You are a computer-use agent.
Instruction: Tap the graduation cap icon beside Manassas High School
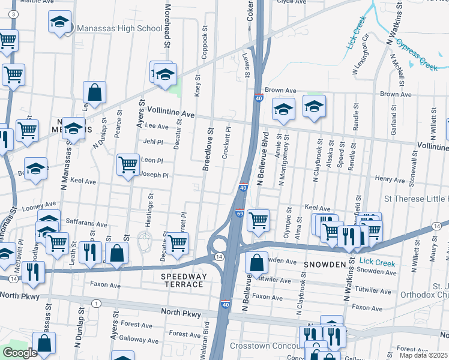[x=59, y=23]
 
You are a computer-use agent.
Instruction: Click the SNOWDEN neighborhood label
[x=327, y=265]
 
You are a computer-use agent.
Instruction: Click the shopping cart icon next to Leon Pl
[x=128, y=164]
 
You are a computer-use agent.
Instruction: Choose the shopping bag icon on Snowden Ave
[x=257, y=263]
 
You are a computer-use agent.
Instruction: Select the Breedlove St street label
[x=207, y=149]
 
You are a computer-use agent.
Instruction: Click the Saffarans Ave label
[x=86, y=223]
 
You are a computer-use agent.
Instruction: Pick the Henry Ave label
[x=390, y=179]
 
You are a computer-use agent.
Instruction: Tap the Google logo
[x=20, y=353]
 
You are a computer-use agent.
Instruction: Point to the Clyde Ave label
[x=291, y=2]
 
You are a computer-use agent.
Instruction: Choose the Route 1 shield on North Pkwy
[x=96, y=304]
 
